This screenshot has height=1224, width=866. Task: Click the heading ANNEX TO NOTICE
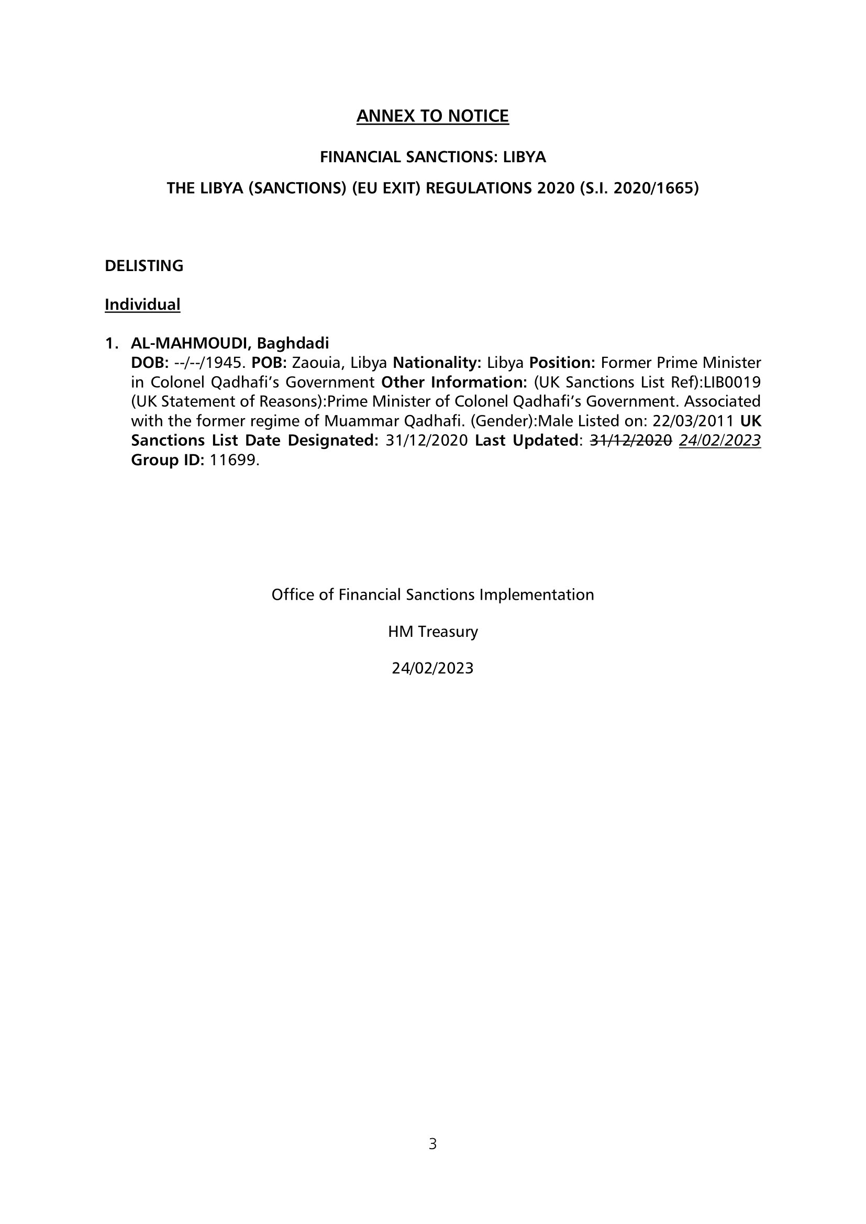(x=432, y=116)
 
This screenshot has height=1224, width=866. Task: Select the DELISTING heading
(x=144, y=265)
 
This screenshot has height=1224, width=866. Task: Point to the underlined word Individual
(x=142, y=305)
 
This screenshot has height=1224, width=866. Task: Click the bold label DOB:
(x=150, y=363)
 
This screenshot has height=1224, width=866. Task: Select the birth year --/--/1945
(x=210, y=363)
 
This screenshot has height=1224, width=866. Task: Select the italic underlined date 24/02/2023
(x=719, y=440)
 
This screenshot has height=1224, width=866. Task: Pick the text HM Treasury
(x=432, y=631)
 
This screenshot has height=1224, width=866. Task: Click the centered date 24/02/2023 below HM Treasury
(x=432, y=668)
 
